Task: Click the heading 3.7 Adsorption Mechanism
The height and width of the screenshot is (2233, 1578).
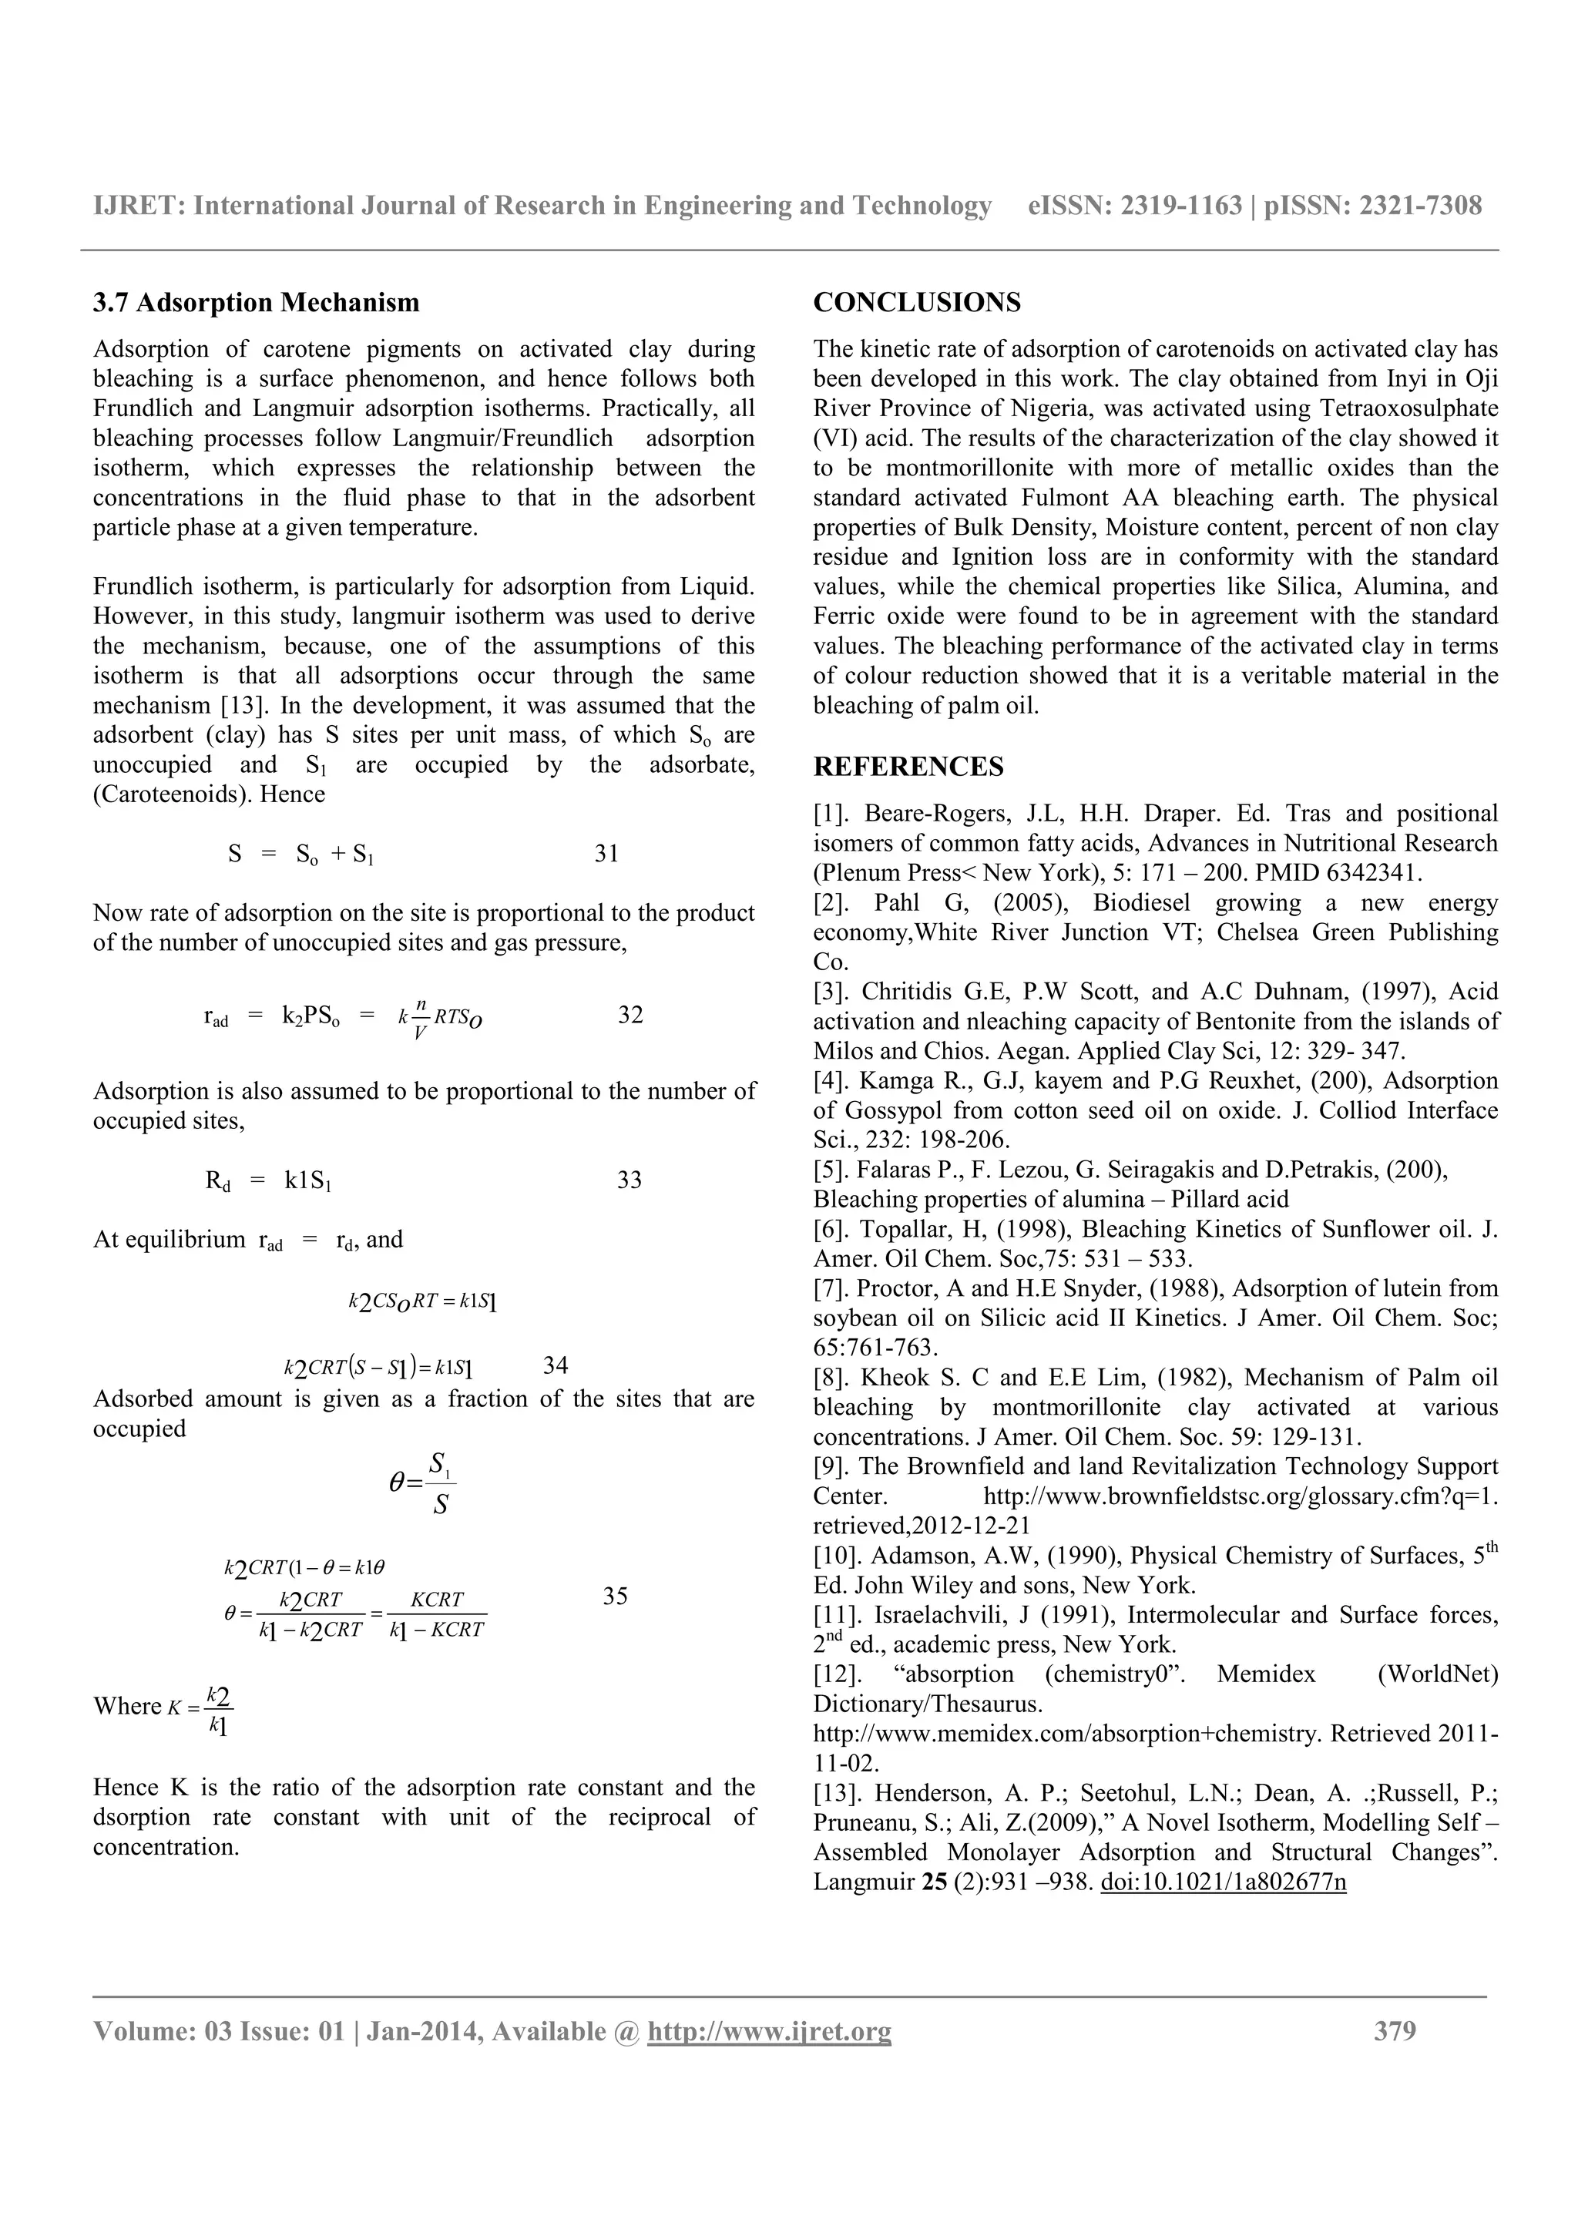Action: point(256,304)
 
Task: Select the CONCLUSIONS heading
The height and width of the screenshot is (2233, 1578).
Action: point(917,304)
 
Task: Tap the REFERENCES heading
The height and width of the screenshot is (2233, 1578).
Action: point(908,767)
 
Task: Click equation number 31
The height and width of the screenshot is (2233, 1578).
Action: point(606,854)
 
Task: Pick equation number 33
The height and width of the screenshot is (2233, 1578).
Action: point(629,1180)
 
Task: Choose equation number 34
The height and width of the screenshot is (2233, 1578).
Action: point(556,1365)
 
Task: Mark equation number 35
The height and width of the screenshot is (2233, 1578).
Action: point(614,1596)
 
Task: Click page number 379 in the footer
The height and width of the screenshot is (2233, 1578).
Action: point(1395,2030)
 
